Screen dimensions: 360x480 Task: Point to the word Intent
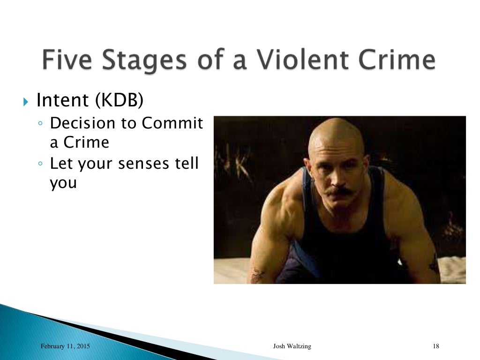[x=62, y=100]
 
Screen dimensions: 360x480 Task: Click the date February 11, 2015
[x=65, y=346]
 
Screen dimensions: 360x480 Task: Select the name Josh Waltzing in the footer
[x=292, y=346]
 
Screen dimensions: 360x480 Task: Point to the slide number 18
[x=435, y=346]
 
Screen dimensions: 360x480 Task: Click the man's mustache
[x=338, y=191]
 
